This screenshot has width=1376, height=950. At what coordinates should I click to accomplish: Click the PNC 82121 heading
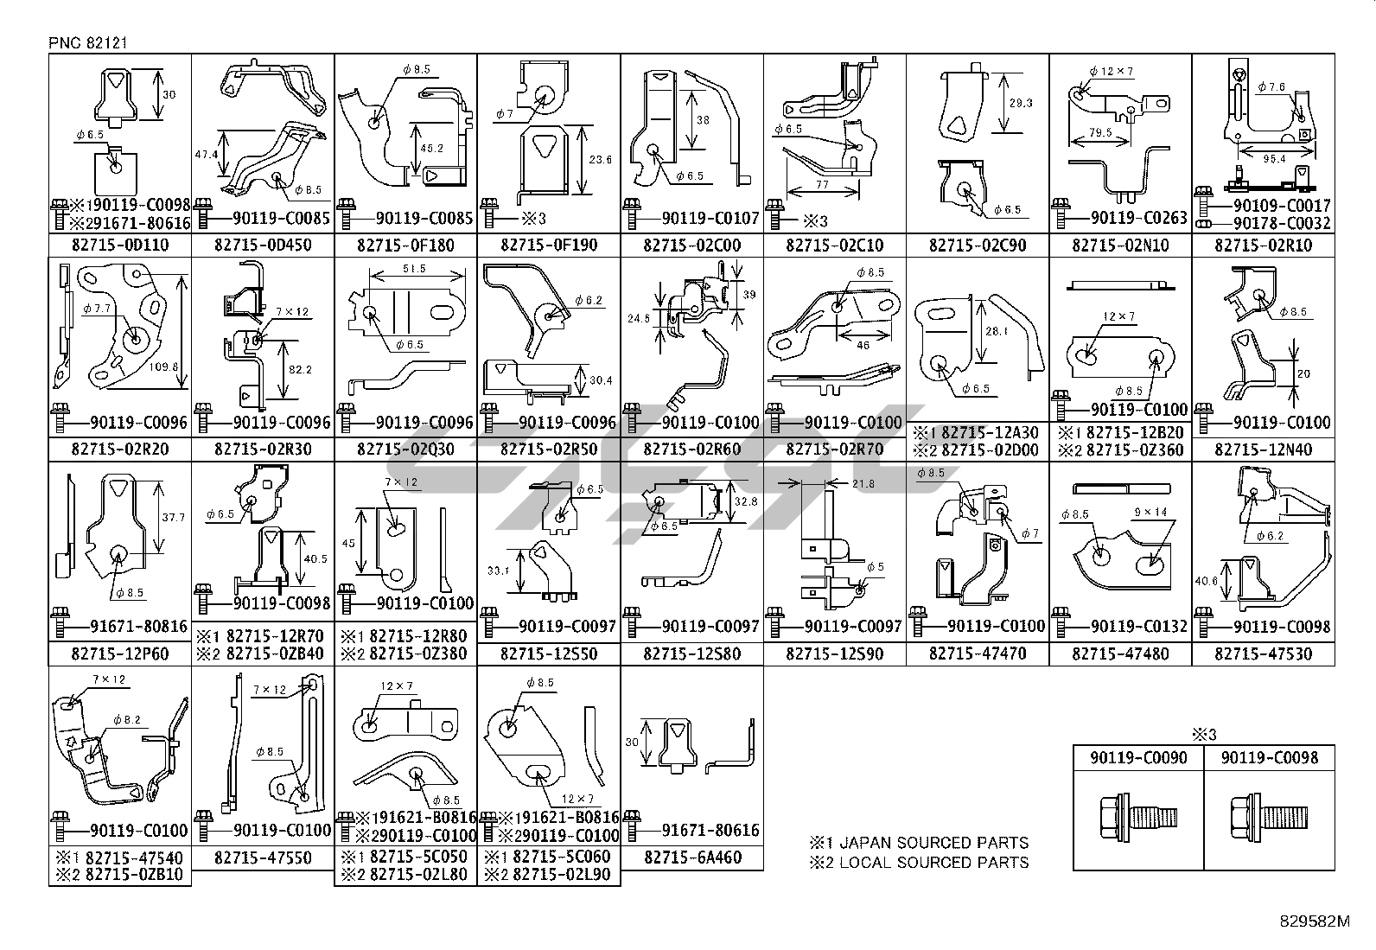pos(88,42)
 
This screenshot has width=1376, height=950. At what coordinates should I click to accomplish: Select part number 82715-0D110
pos(120,245)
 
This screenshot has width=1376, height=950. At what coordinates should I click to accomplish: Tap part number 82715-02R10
pos(1263,245)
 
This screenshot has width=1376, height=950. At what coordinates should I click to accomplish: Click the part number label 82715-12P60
pos(120,654)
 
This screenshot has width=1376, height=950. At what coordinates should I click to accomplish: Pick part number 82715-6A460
pos(692,858)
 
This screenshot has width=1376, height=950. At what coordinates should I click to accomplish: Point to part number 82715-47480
pos(1120,654)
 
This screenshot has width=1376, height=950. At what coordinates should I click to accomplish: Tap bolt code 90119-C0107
pos(710,218)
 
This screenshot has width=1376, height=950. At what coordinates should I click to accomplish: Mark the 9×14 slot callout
pos(1150,513)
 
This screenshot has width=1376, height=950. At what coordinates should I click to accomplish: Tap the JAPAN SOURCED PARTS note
pos(920,842)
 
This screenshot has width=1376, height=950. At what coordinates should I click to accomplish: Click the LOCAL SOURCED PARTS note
pos(920,862)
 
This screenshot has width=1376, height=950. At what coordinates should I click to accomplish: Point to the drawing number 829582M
pos(1315,921)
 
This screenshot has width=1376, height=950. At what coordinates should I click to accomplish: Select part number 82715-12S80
pos(692,654)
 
